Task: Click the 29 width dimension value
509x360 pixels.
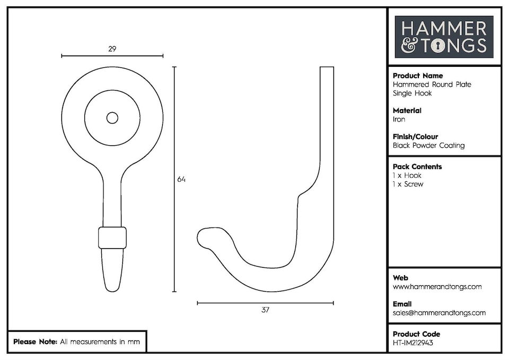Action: point(112,49)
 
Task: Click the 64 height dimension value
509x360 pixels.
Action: point(181,179)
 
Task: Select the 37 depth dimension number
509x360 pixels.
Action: point(265,310)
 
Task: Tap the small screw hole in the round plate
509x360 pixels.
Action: point(112,118)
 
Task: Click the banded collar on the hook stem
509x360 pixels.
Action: point(112,238)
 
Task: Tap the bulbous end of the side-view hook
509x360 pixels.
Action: point(205,238)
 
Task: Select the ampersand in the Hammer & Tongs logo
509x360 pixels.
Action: point(409,46)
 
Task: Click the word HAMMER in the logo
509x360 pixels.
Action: point(444,28)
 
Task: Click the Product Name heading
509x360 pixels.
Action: point(418,76)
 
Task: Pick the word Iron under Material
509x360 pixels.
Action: point(399,120)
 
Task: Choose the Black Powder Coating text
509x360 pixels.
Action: point(428,146)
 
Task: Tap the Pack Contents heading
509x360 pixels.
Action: point(417,166)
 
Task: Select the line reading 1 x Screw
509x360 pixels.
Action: point(408,185)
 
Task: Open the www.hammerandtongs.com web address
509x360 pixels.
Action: point(437,287)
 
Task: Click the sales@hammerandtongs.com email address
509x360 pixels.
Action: point(439,313)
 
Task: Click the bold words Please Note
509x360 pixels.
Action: point(35,342)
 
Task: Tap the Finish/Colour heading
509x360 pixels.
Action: point(415,137)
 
